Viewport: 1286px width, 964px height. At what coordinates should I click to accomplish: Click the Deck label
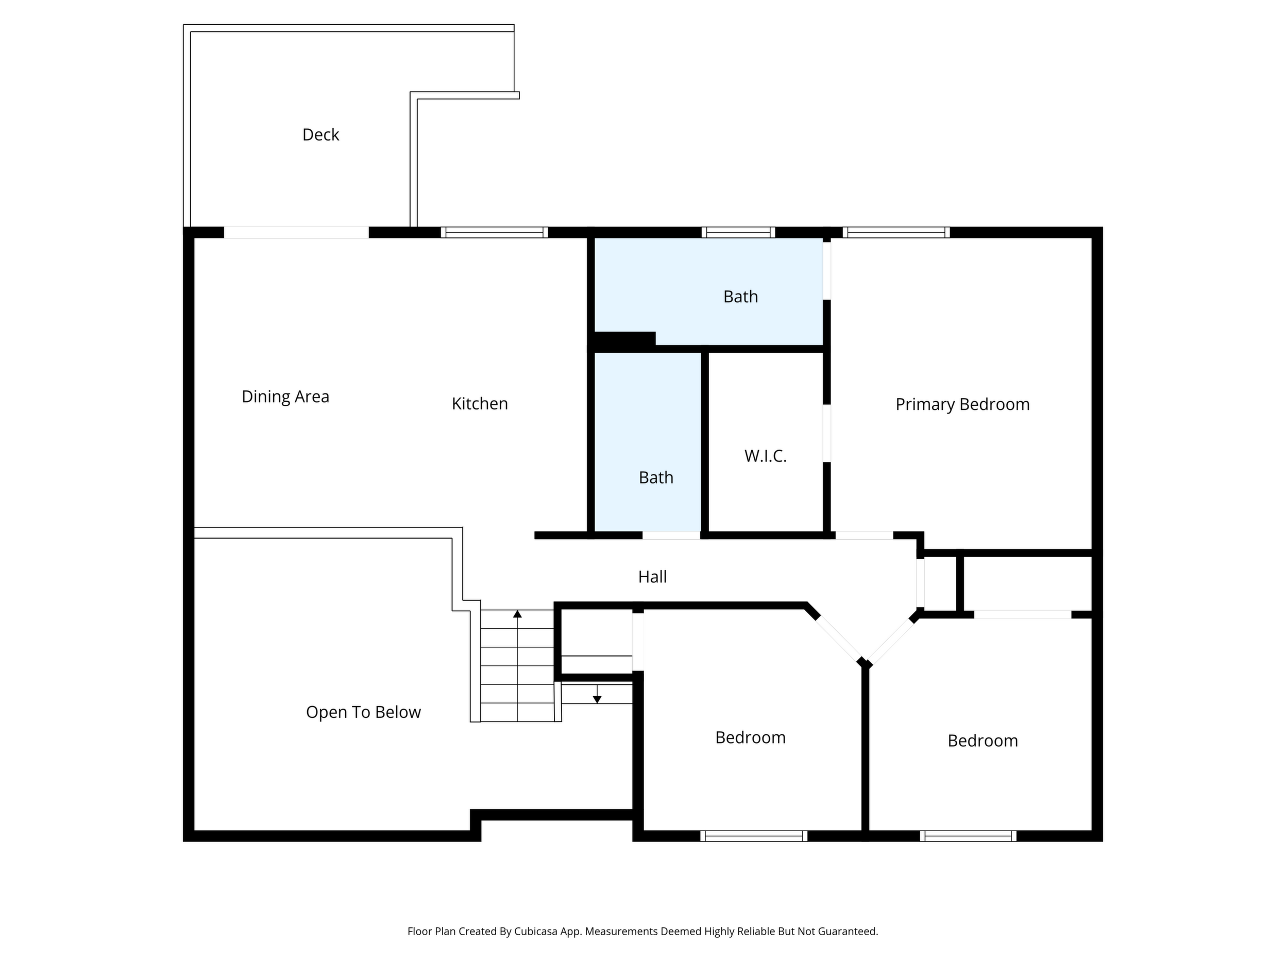[320, 135]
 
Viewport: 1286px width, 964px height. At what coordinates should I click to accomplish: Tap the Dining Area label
[285, 397]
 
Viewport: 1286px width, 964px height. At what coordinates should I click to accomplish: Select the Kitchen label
[480, 404]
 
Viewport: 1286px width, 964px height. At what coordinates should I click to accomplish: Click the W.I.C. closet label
[765, 456]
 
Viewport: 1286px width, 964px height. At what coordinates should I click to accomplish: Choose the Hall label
[652, 577]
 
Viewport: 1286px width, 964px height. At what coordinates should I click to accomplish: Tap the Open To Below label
[363, 712]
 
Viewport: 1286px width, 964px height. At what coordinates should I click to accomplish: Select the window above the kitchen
[494, 232]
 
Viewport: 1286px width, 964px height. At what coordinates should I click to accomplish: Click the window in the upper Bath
[738, 232]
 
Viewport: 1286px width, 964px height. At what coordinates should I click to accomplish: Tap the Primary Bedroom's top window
[896, 232]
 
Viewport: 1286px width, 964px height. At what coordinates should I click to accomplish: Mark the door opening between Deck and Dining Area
[296, 232]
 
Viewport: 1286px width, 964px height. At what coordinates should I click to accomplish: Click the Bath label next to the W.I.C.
[656, 478]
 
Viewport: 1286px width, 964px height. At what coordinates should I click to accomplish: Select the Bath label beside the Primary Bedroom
[741, 297]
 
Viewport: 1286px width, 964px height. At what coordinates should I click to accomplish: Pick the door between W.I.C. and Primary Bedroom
[827, 434]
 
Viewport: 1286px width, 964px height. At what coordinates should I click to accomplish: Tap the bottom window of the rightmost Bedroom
[968, 836]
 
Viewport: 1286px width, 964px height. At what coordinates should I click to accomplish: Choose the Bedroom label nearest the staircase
[750, 738]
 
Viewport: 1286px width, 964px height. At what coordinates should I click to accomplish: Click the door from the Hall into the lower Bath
[671, 535]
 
